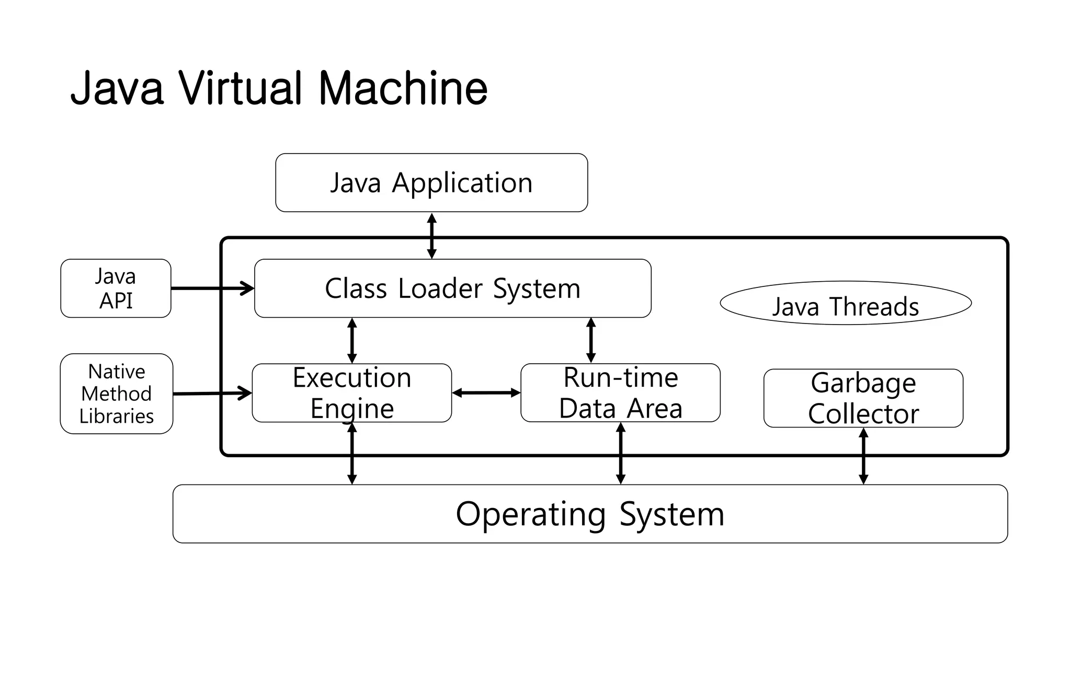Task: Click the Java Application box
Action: [431, 183]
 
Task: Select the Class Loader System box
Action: [452, 288]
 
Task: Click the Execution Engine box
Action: [351, 393]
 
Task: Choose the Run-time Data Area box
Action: [620, 393]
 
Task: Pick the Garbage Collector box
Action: [863, 398]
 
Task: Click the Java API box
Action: [116, 288]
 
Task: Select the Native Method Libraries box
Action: [116, 394]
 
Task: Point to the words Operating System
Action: [590, 514]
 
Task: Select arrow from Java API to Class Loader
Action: [212, 288]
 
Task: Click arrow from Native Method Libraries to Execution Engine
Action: [212, 393]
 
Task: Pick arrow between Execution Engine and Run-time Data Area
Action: [486, 393]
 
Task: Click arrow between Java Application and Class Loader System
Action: [431, 235]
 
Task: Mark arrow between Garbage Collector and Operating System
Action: [863, 456]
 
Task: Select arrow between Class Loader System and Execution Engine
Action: [352, 341]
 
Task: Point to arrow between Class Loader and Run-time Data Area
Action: [591, 341]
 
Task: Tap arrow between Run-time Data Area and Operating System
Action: [621, 454]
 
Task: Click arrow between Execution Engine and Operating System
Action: [352, 454]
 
